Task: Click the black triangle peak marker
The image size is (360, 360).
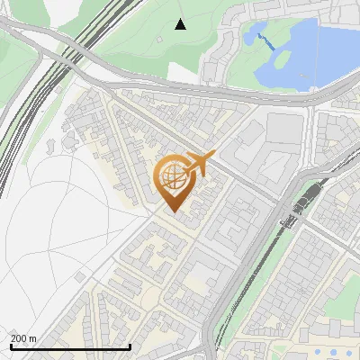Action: click(x=180, y=24)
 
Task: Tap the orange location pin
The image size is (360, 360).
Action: click(x=173, y=184)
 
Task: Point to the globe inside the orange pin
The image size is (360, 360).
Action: click(x=173, y=176)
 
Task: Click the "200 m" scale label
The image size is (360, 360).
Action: click(x=23, y=338)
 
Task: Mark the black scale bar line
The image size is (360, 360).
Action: click(x=70, y=346)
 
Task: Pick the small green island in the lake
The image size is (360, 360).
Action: click(x=281, y=58)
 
